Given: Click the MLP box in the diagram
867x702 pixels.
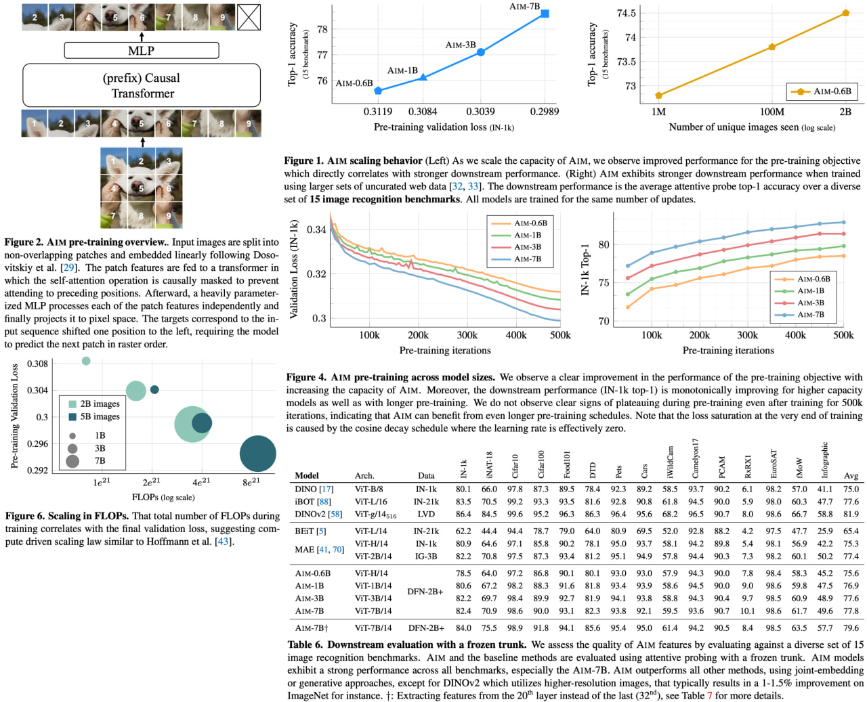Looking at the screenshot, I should (x=142, y=51).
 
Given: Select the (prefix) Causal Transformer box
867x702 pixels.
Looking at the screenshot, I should (x=142, y=85).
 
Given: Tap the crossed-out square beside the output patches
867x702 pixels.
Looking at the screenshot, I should (x=249, y=17).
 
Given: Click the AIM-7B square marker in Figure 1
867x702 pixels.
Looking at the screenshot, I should (x=545, y=14).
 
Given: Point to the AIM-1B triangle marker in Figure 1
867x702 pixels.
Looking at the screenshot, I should (x=423, y=78).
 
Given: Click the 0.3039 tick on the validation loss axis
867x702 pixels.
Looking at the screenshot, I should (x=480, y=112).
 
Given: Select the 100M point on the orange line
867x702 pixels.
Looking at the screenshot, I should (x=772, y=47).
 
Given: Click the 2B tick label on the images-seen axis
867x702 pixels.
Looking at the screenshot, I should (x=845, y=112).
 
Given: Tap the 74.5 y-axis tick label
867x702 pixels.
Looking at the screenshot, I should (x=627, y=13).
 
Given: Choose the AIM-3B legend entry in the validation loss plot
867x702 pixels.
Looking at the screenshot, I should (x=527, y=247).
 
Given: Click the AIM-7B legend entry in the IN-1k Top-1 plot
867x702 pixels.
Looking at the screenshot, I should (x=810, y=315).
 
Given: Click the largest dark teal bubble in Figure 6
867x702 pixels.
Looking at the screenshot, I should (x=258, y=454).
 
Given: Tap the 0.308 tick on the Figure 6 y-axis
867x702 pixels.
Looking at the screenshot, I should (x=37, y=364).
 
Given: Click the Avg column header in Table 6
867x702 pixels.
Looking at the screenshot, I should (x=851, y=476).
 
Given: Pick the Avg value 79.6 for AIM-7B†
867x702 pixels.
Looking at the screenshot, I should (x=851, y=628).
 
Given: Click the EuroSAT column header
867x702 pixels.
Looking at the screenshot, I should (x=774, y=464).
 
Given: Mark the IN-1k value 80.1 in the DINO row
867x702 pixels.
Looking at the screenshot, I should (x=463, y=489).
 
